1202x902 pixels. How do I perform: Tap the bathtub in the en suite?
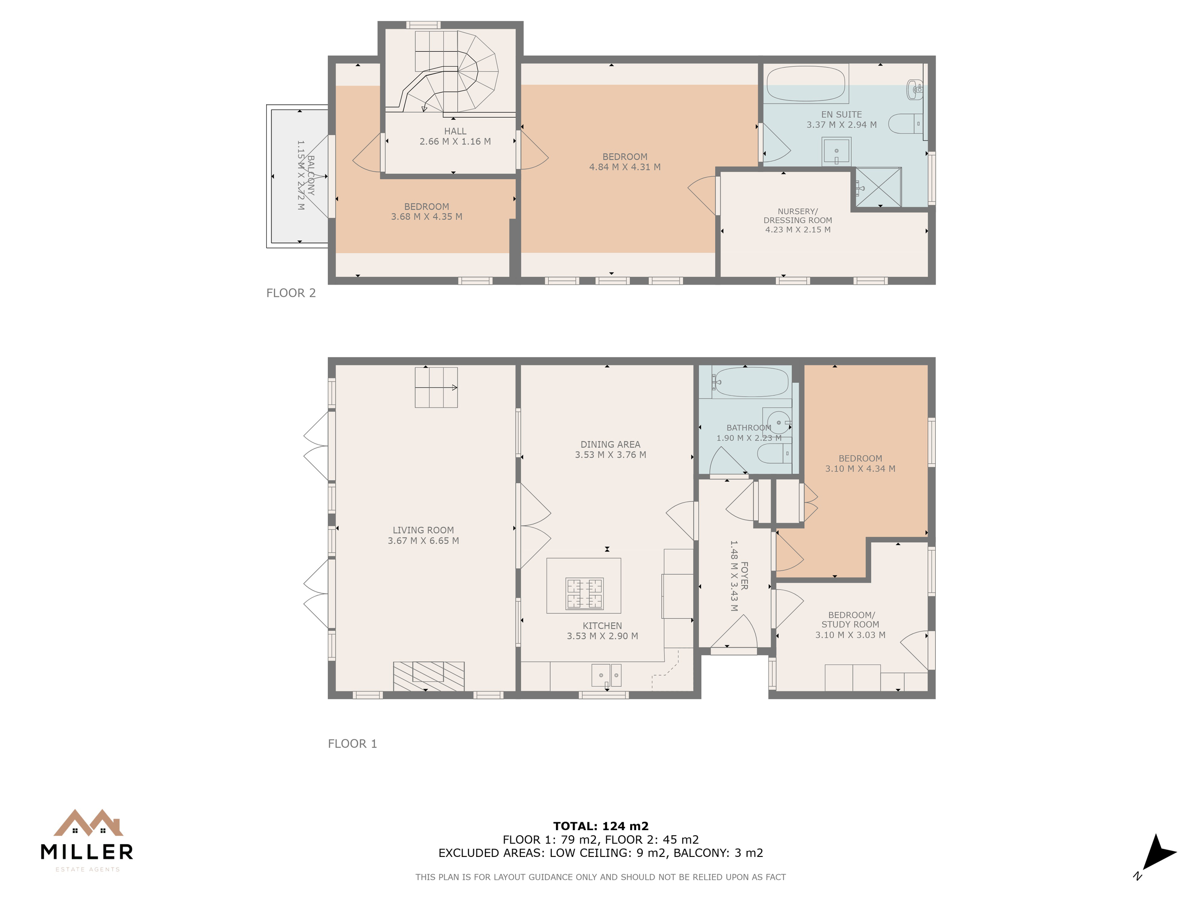[806, 84]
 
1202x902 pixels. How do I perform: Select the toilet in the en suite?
[906, 124]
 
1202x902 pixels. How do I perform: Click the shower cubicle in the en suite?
[878, 187]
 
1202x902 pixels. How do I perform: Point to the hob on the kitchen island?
[584, 593]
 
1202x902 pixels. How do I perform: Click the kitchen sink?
[607, 675]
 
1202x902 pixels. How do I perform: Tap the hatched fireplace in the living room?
[429, 676]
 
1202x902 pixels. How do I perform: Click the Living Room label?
[424, 530]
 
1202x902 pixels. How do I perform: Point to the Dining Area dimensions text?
[611, 455]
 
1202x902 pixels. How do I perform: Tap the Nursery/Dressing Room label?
[798, 216]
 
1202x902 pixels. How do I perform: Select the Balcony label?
[311, 175]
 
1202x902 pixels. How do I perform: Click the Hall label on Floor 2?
[455, 131]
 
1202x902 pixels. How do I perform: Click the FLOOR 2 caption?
[291, 293]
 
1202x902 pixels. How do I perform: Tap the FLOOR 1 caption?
[352, 744]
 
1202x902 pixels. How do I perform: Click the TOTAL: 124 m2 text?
[601, 826]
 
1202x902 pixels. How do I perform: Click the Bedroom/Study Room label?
[850, 620]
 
